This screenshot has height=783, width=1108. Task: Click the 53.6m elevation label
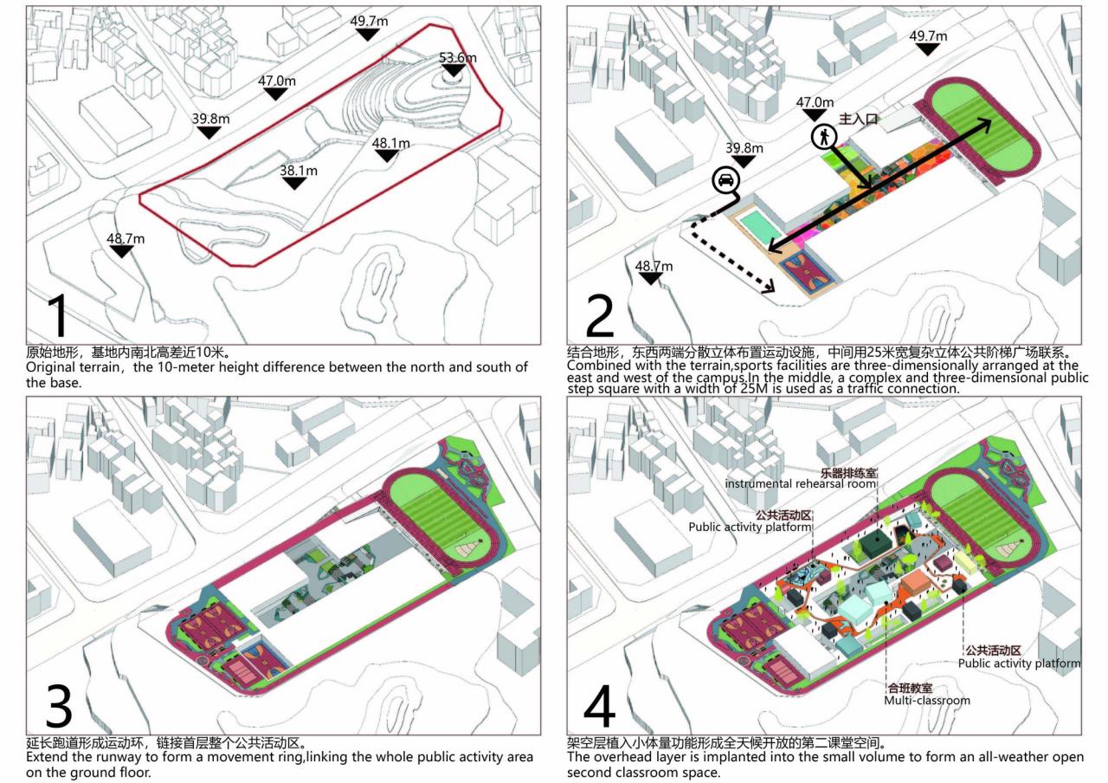[x=458, y=59]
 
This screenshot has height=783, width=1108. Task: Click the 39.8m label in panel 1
[x=210, y=119]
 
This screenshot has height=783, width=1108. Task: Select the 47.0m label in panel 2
[x=815, y=102]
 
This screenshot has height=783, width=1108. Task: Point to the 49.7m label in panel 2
[x=928, y=36]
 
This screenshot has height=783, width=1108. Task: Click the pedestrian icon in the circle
[x=823, y=136]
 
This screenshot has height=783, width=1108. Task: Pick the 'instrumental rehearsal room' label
[x=802, y=482]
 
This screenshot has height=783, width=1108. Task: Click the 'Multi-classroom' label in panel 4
[x=926, y=700]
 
